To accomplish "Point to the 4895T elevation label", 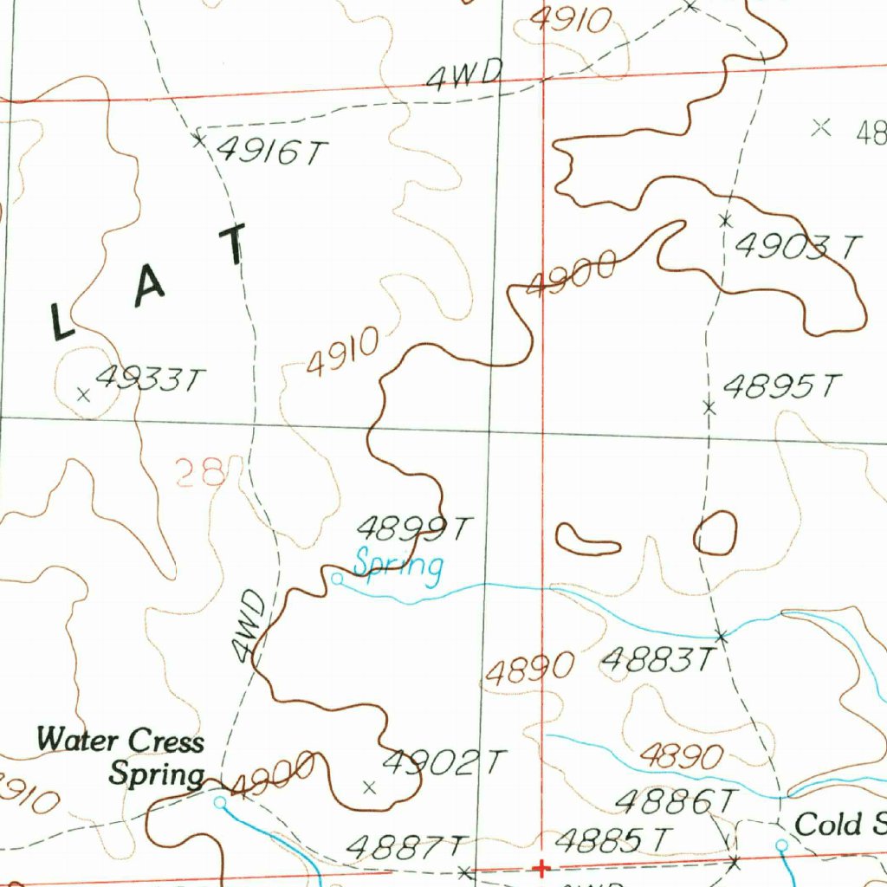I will click(x=781, y=386).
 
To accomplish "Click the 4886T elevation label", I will click(x=676, y=801).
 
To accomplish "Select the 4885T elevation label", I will click(x=613, y=839).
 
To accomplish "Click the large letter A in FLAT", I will click(x=148, y=290).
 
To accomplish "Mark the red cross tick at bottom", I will click(x=541, y=868).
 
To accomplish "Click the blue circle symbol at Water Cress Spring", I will click(x=220, y=802).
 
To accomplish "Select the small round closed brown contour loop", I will click(x=715, y=533).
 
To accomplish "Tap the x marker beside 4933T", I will click(x=83, y=395).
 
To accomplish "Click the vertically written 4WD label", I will click(x=248, y=625).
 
